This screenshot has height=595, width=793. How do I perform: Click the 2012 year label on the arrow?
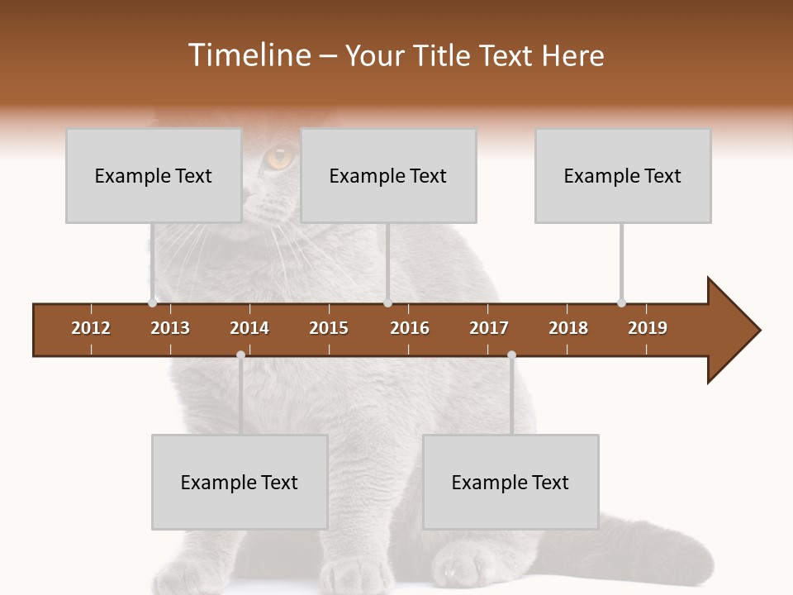(91, 328)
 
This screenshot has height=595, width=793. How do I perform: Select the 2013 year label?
(170, 328)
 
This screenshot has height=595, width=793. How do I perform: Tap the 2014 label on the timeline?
(249, 328)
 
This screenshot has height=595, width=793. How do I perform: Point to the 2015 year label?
(329, 328)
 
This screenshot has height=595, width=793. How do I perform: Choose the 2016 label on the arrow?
(410, 328)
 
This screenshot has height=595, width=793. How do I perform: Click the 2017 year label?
(489, 328)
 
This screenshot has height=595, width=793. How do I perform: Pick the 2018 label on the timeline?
(568, 328)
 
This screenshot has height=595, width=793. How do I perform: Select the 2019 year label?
(648, 328)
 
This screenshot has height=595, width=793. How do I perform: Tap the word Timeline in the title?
(248, 55)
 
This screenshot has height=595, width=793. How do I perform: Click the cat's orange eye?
(280, 156)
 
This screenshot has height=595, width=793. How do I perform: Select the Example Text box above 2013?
(154, 175)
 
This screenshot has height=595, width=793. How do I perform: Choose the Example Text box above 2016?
(388, 175)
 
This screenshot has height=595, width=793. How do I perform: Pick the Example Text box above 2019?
(623, 175)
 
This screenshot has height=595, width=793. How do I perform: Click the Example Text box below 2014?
(240, 482)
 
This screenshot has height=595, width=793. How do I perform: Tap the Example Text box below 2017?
(510, 482)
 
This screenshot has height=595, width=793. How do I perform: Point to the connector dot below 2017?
(511, 355)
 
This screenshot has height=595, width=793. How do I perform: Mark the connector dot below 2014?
(240, 355)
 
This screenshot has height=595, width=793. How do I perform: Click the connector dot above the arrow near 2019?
(621, 302)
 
